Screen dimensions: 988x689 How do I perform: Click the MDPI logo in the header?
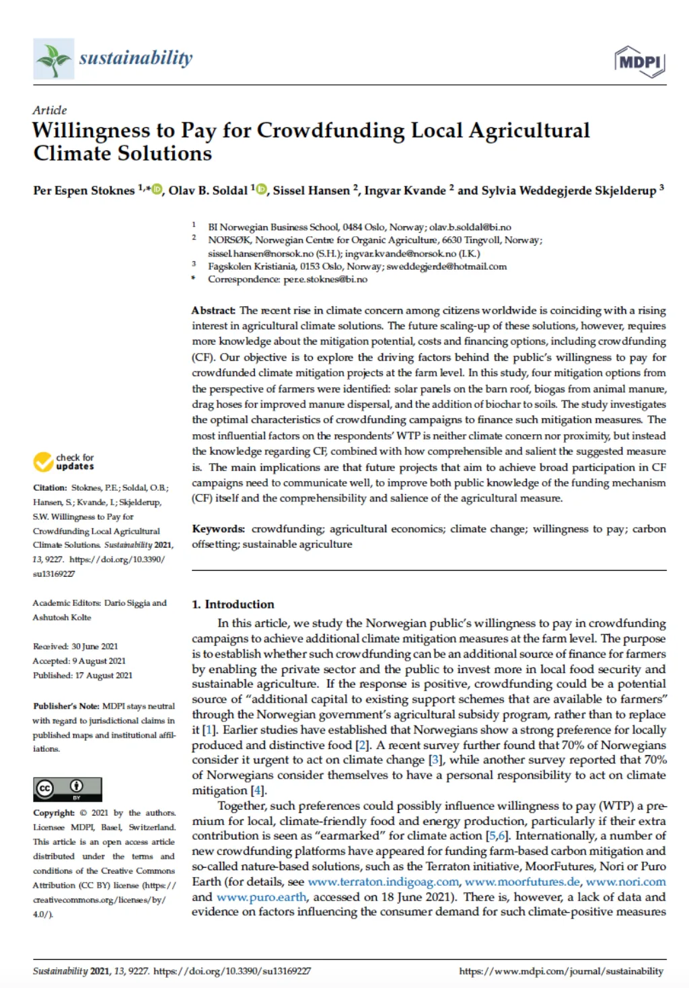point(639,62)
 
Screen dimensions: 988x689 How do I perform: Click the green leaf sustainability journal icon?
point(53,59)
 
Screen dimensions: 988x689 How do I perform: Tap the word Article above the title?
point(50,110)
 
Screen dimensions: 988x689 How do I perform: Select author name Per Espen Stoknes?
point(84,190)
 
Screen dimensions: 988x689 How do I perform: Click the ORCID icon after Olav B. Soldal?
point(261,190)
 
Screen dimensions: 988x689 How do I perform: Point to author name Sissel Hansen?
point(311,190)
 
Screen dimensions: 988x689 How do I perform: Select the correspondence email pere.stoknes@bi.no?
point(325,279)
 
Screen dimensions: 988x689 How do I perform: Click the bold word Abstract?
point(213,310)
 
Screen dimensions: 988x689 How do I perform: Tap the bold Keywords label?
point(218,529)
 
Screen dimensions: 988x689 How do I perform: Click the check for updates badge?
point(64,462)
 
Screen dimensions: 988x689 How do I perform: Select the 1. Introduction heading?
point(233,604)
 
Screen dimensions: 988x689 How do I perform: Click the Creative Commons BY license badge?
point(67,789)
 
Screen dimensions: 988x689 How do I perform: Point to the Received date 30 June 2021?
point(75,646)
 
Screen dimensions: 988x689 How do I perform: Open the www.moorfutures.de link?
point(522,882)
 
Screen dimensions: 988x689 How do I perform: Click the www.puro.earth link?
point(262,897)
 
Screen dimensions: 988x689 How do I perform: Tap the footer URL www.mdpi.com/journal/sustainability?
point(561,971)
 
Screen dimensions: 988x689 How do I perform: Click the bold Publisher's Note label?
point(66,706)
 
